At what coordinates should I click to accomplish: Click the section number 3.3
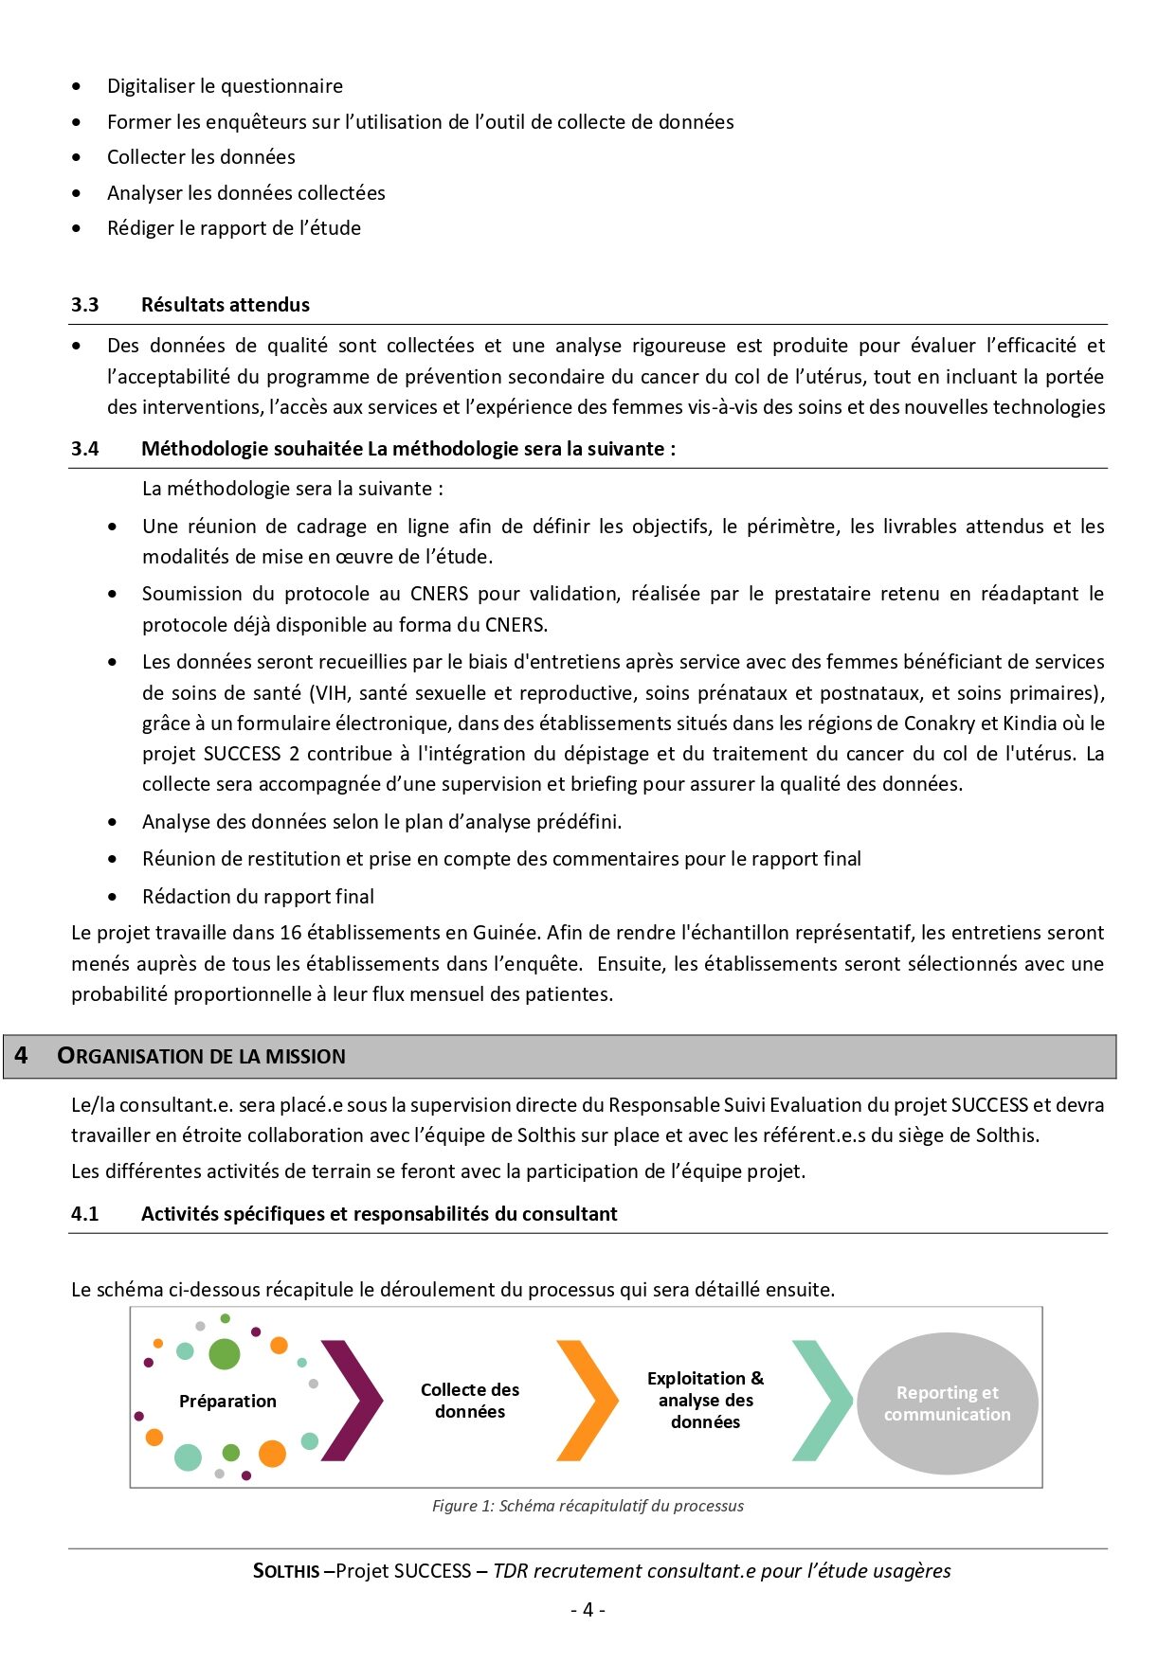[84, 305]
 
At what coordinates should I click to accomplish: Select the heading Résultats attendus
[226, 305]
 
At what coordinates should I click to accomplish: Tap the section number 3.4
[84, 449]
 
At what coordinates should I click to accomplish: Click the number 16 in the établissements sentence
[291, 933]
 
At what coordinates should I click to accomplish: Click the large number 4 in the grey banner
[21, 1056]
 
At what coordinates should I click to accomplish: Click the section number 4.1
[84, 1214]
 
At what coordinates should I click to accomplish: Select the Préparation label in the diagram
[227, 1402]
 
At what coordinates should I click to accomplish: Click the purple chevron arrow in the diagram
[353, 1400]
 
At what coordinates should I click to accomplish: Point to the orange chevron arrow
[588, 1400]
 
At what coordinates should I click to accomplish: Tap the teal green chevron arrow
[823, 1400]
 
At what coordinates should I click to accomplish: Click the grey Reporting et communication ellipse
[948, 1403]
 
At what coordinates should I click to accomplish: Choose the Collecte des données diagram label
[470, 1401]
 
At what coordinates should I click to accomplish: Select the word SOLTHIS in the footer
[286, 1571]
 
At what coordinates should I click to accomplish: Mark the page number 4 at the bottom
[588, 1610]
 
